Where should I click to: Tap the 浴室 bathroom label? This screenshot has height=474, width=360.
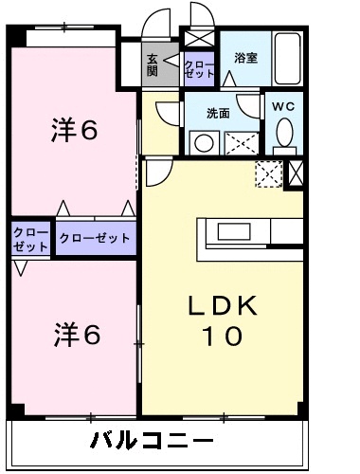click(245, 58)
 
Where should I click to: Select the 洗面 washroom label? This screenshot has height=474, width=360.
click(218, 112)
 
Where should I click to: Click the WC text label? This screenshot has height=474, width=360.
click(283, 106)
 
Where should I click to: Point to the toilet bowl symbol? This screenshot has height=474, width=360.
click(283, 136)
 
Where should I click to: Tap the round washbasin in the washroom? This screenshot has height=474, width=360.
click(202, 143)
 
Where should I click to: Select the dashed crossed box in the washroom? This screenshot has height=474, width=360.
click(240, 143)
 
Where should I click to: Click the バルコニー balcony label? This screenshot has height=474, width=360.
click(152, 440)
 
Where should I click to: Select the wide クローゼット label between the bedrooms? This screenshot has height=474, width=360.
click(95, 238)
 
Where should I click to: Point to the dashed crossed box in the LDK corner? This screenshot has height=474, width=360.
click(269, 173)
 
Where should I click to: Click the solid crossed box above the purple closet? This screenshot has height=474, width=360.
click(200, 40)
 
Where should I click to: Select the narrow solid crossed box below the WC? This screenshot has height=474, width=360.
click(296, 173)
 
